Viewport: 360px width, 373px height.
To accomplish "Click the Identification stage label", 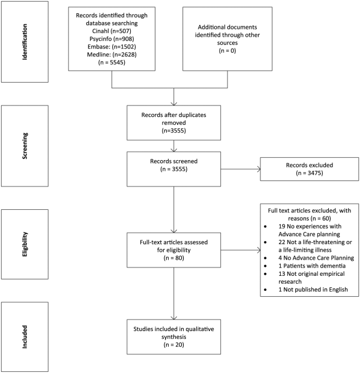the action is pos(25,42).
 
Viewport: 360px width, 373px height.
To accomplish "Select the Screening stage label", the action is pos(25,146).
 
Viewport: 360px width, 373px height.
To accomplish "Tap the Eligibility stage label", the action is pos(25,244).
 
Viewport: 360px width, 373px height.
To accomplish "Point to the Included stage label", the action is pos(25,337).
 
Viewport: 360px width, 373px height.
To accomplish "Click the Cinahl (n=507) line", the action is pos(112,31).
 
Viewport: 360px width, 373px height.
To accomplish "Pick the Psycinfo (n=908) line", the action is pos(112,39).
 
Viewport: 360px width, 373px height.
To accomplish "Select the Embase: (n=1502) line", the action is pos(112,47).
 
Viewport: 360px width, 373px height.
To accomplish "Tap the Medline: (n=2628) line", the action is pos(112,55).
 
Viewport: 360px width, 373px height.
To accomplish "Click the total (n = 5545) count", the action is pos(112,62).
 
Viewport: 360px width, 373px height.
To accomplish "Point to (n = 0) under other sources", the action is pos(227,50).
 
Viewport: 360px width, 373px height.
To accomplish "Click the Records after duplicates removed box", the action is pos(173,123).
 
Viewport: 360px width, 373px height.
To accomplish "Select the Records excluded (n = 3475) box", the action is pos(310,169).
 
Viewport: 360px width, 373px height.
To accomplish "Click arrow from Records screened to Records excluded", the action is pos(241,169).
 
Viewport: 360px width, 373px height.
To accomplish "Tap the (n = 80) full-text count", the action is pos(173,258).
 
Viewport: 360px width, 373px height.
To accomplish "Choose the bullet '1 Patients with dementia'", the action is pos(312,266).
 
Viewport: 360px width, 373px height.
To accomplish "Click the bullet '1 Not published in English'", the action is pos(313,290).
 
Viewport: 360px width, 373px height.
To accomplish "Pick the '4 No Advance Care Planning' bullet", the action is pos(316,258).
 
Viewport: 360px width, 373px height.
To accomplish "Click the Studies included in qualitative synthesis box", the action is pos(173,337).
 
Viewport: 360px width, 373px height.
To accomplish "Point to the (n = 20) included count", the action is pos(173,345).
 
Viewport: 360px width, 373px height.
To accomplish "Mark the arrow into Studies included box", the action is pos(173,294).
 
